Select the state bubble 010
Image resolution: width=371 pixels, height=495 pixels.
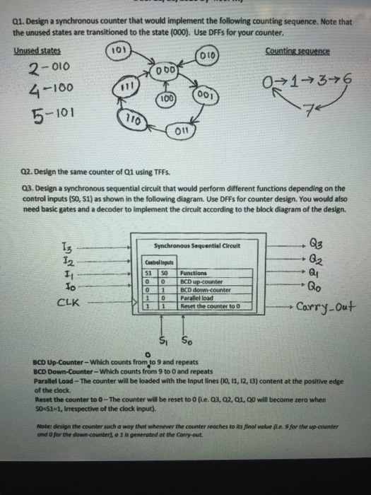(x=210, y=55)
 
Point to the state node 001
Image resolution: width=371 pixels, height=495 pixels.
(x=201, y=94)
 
